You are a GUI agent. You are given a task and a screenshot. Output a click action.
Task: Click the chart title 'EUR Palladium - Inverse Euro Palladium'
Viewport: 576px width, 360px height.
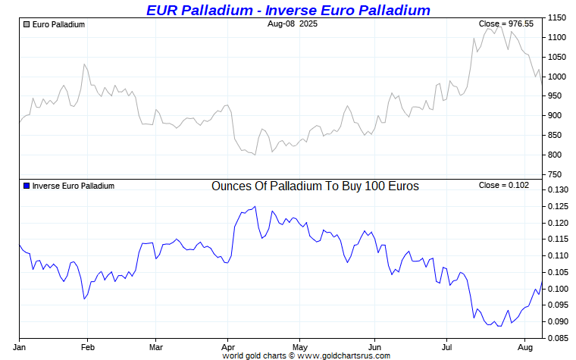click(x=287, y=10)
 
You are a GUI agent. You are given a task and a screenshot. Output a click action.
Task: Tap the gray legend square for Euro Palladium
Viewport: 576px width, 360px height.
click(x=27, y=24)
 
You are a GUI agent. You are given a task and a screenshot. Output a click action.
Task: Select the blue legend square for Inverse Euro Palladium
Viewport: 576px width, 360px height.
click(x=27, y=186)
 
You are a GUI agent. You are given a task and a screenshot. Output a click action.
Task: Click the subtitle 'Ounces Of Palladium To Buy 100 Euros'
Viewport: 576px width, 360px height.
click(x=315, y=186)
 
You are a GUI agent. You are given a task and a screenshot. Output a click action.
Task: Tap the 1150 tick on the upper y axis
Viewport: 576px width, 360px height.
click(x=558, y=17)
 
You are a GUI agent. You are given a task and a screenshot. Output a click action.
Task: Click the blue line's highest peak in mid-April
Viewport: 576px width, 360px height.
click(x=255, y=206)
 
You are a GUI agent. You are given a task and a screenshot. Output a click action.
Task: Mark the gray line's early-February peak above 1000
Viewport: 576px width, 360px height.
click(x=85, y=64)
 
